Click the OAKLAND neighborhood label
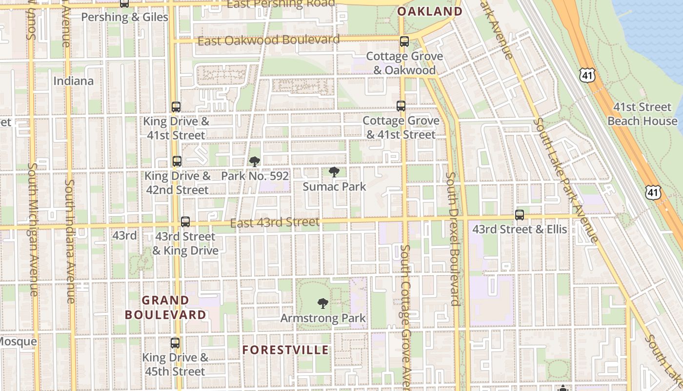430,11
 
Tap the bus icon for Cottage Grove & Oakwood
404,42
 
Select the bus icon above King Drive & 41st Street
176,107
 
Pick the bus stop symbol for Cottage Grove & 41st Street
401,106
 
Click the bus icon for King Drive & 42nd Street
177,161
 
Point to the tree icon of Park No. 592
254,162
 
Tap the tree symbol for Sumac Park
334,172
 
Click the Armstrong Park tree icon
322,304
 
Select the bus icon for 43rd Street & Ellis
520,215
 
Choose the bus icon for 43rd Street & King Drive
185,221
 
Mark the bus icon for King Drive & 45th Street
175,343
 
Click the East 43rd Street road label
275,223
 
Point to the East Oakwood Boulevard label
268,40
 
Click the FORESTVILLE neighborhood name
285,350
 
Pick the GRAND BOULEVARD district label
166,307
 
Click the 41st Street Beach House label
642,114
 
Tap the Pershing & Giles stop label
124,17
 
